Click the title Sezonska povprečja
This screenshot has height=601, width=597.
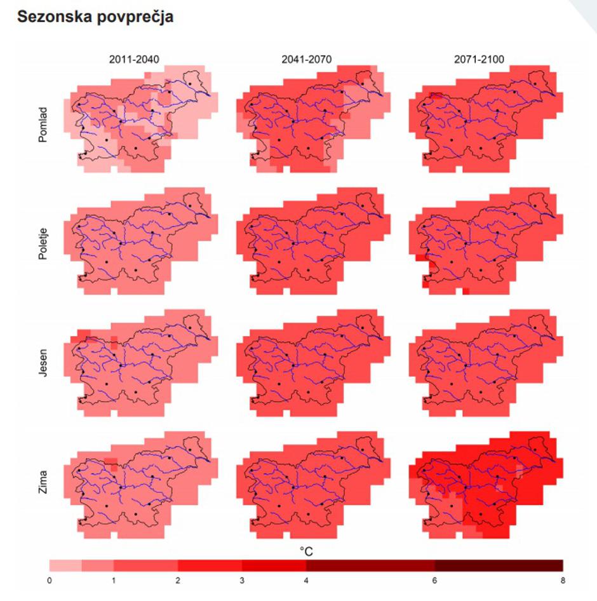click(x=95, y=17)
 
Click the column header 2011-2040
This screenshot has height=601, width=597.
click(x=135, y=60)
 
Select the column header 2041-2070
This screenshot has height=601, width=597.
click(x=307, y=60)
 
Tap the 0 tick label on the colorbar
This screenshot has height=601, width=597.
click(x=50, y=580)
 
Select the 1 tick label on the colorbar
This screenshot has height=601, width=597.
click(x=114, y=580)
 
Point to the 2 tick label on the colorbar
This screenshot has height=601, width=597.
click(x=178, y=580)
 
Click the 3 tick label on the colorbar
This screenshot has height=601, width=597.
click(x=242, y=580)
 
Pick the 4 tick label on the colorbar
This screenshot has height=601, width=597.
click(x=306, y=580)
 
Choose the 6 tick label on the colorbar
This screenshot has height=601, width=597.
click(x=434, y=580)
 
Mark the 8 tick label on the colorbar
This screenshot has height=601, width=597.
click(x=562, y=580)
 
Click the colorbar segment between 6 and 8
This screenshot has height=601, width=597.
click(x=499, y=565)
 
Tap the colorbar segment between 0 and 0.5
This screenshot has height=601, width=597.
click(x=65, y=565)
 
